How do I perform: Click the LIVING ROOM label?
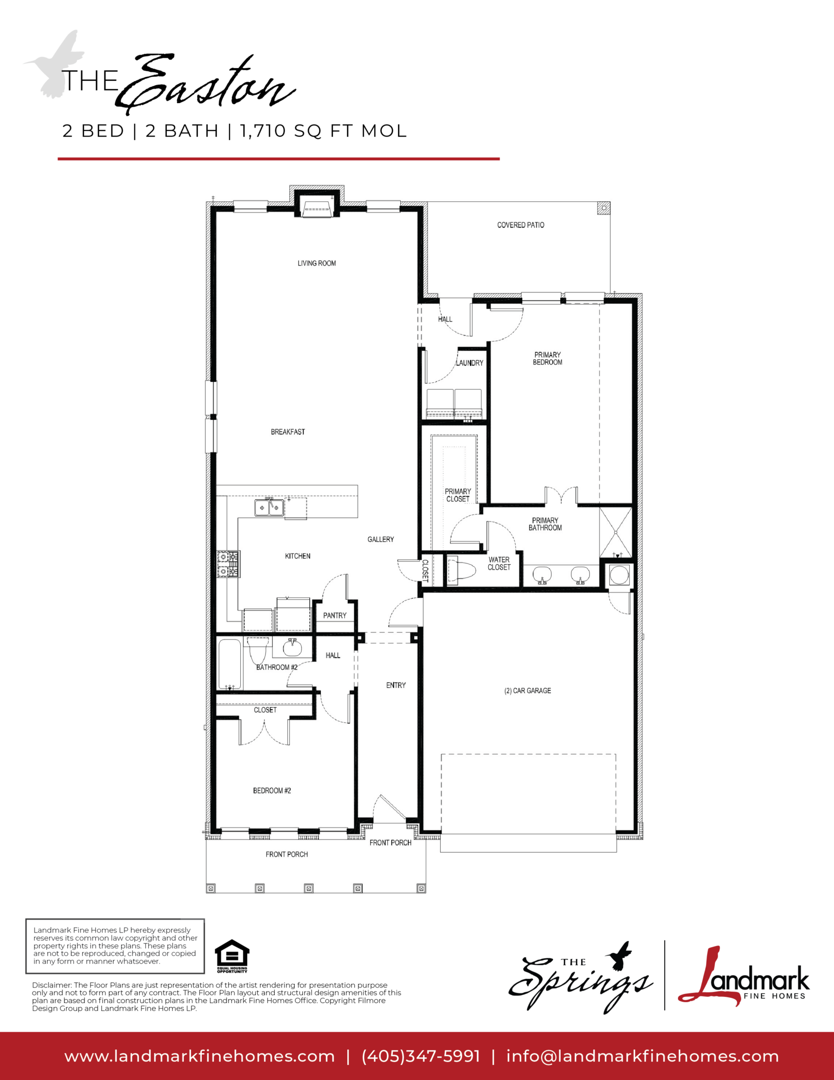(317, 263)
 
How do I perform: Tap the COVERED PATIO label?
(521, 225)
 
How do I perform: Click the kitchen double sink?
(269, 507)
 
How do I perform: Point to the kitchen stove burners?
(228, 564)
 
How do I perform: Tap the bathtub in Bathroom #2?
(230, 664)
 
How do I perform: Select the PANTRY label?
(335, 615)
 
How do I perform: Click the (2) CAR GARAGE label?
(528, 690)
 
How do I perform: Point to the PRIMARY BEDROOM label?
(548, 358)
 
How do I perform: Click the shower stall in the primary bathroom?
(616, 532)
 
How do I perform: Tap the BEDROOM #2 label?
(272, 790)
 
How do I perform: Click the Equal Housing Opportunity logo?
(232, 956)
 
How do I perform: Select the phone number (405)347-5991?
(421, 1056)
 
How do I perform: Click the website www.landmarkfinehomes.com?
(199, 1056)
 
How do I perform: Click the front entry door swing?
(389, 808)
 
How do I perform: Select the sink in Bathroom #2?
(292, 648)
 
